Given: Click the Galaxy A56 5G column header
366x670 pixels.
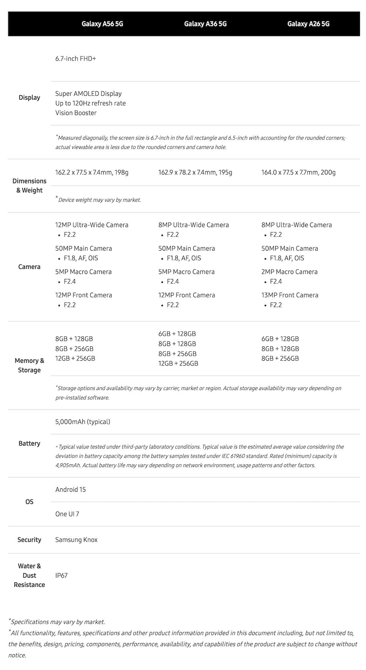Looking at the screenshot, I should tap(102, 24).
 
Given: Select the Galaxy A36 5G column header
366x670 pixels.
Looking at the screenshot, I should tap(205, 24).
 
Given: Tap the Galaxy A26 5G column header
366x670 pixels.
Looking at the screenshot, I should tap(308, 24).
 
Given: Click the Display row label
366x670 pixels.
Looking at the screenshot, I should tap(29, 98).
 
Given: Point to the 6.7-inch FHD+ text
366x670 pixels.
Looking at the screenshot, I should tap(76, 59).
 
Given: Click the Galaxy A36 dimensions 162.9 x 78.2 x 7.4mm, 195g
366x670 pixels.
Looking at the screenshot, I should tap(195, 173).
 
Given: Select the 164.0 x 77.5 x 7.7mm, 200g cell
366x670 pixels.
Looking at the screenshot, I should tap(298, 173).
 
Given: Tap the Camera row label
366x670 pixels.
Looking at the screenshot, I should tap(29, 267).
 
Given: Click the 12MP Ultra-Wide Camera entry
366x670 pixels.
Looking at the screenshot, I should tap(92, 225).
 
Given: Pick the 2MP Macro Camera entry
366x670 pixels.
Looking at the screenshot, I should tap(289, 272).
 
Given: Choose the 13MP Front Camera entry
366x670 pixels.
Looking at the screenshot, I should tap(290, 295).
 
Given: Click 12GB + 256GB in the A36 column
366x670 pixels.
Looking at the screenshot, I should tap(178, 363).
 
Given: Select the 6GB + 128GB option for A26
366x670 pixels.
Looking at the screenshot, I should tap(280, 339).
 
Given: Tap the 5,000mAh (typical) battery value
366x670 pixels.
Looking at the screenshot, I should tap(83, 422).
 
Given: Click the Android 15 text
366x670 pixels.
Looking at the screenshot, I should tap(71, 489).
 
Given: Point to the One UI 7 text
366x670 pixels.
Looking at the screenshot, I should tap(67, 514).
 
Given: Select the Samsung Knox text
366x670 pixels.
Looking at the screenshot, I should tap(76, 540).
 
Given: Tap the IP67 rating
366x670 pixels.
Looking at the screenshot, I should tap(61, 575).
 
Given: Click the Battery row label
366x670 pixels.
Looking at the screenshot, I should tap(29, 444).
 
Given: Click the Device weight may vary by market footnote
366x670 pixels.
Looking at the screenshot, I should tap(99, 200).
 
